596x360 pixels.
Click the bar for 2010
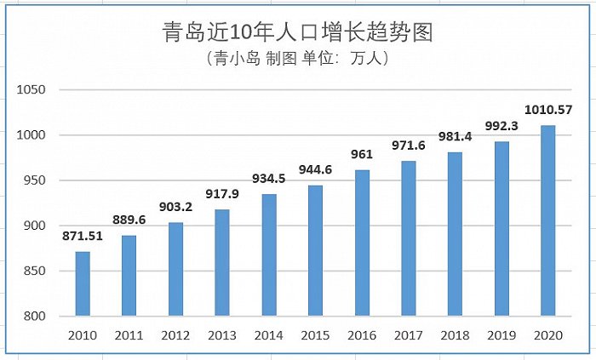tap(83, 283)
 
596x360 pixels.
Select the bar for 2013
tap(222, 263)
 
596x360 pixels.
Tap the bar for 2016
tap(362, 243)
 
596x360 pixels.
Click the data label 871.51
tap(83, 236)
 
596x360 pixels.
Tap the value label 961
tap(362, 154)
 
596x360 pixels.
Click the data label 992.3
tap(501, 125)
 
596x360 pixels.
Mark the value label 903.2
tap(175, 207)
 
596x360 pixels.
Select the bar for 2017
tap(409, 238)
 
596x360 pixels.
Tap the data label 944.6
tap(315, 169)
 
